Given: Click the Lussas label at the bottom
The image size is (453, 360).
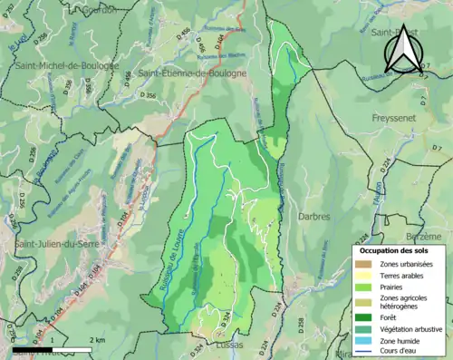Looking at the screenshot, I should (230, 345).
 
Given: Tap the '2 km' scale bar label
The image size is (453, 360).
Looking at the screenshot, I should (97, 339).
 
